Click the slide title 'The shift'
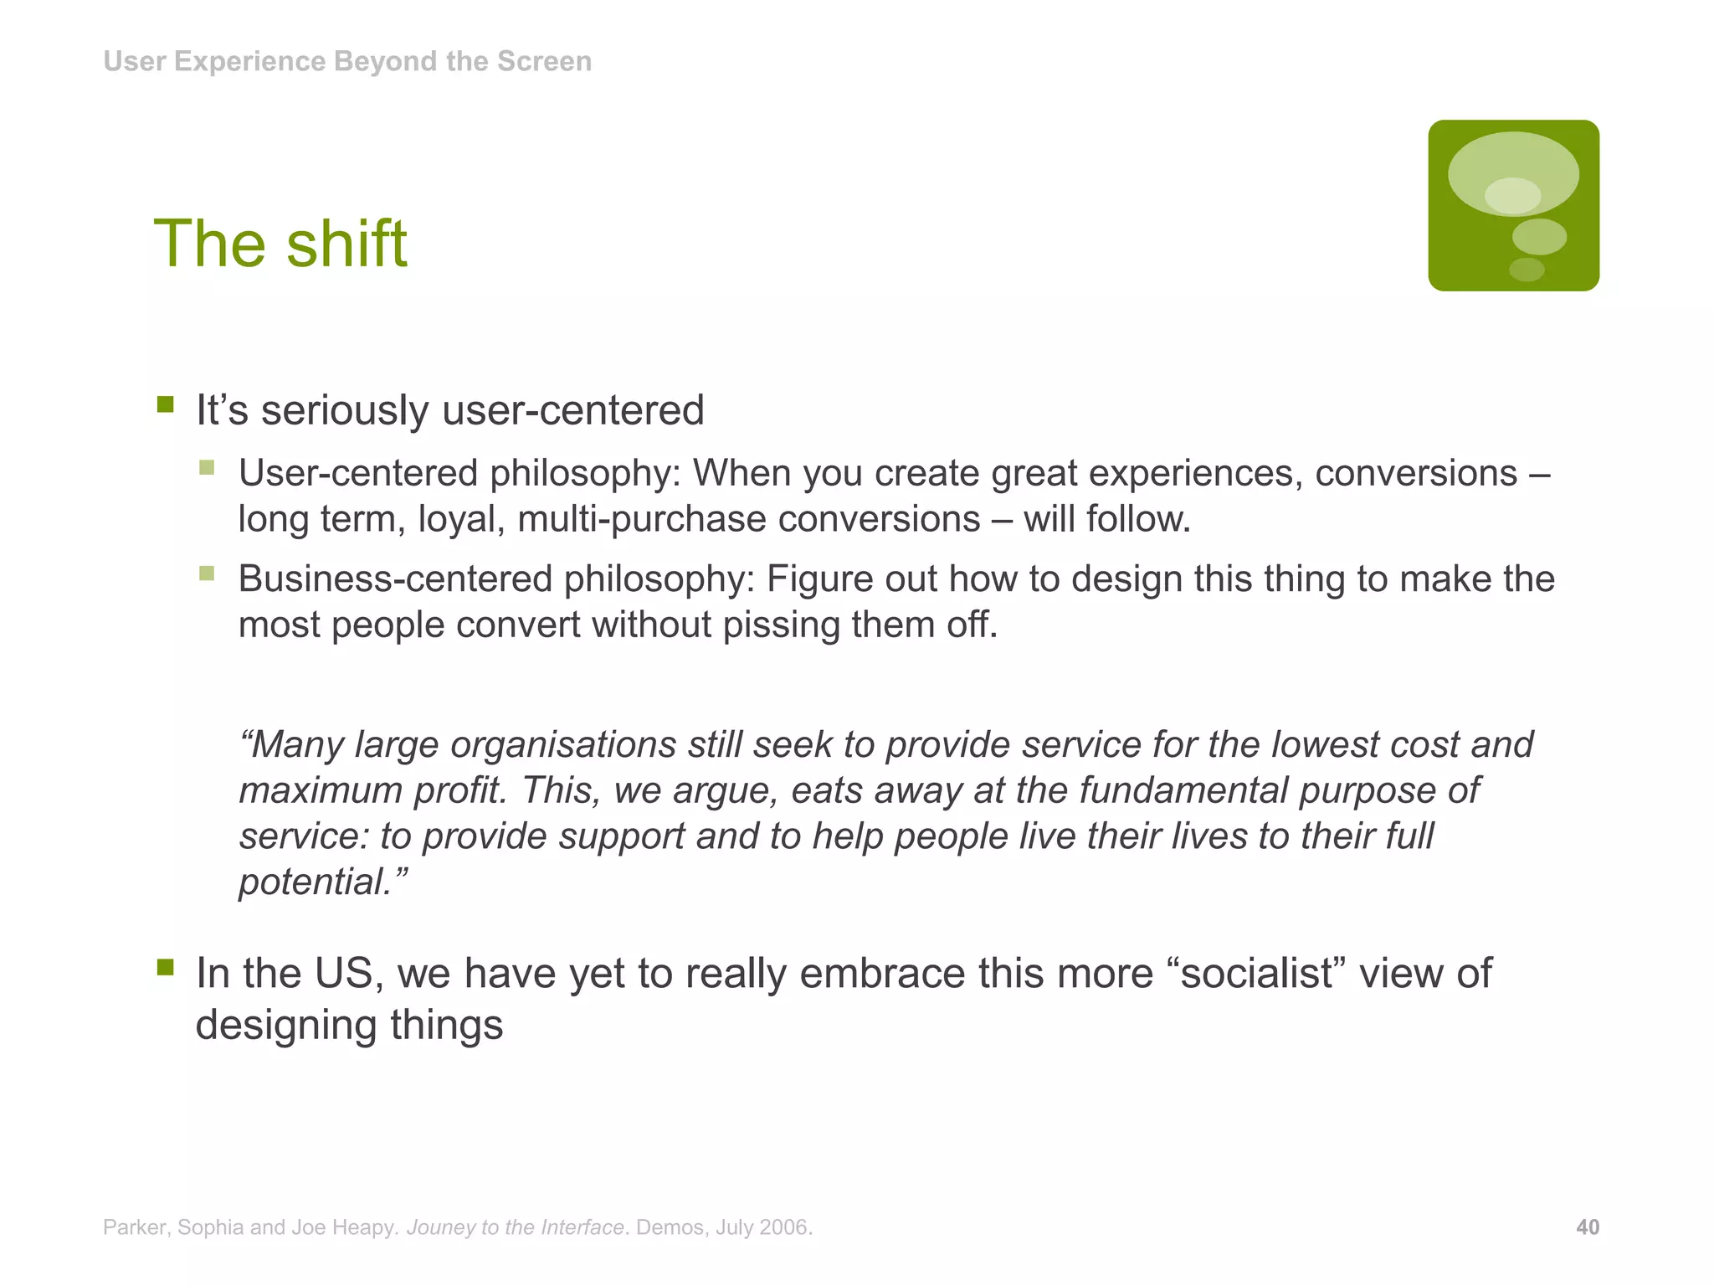pos(280,244)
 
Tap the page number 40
pos(1587,1227)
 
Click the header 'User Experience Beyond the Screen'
pos(347,61)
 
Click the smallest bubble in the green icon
pos(1526,270)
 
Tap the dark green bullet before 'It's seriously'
pos(165,405)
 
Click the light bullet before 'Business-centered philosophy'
pos(207,574)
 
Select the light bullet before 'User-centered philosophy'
pos(207,468)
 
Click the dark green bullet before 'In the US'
pos(165,968)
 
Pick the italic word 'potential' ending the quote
pos(315,882)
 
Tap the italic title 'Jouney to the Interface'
pos(515,1227)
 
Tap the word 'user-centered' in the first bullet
pos(572,411)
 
